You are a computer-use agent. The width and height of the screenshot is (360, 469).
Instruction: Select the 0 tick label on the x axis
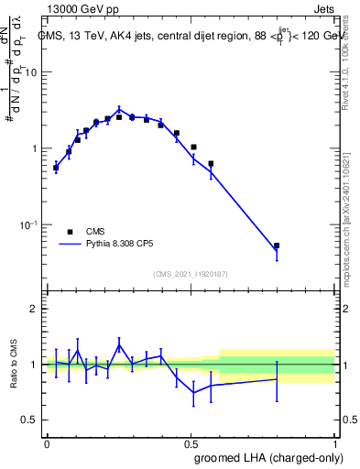tap(47, 442)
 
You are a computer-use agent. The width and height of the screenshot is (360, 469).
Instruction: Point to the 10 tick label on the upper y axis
tap(31, 72)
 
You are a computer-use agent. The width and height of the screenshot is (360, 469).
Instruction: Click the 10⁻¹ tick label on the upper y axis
tap(29, 224)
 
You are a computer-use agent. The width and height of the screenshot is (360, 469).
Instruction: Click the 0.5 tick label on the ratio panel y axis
tap(30, 420)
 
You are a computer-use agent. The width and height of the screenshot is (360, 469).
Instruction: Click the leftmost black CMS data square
tap(56, 168)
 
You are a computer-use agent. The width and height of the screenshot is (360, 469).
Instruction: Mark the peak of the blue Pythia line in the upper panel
tap(119, 109)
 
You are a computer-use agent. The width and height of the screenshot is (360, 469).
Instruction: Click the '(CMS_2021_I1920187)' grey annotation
tap(190, 273)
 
